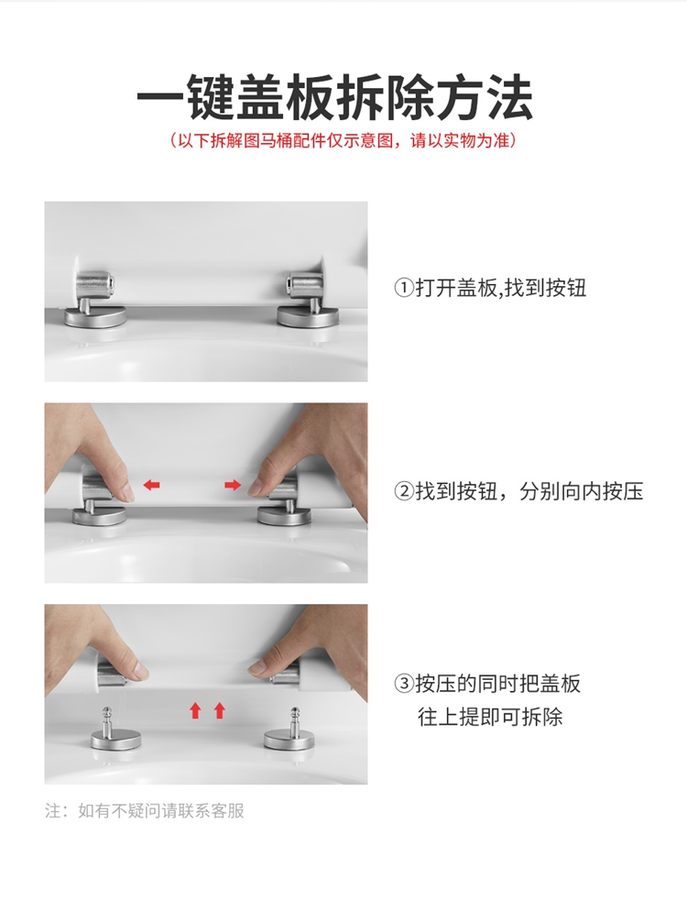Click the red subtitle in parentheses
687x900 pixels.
point(343,140)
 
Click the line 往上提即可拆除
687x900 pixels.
point(490,717)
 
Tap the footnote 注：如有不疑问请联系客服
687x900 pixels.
point(145,811)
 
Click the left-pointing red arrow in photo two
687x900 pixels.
point(151,485)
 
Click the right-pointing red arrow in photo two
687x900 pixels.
point(233,485)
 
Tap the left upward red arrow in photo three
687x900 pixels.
point(195,710)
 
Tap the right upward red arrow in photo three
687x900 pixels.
point(219,710)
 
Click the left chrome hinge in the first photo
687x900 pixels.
point(96,299)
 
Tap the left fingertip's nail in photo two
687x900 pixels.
point(127,491)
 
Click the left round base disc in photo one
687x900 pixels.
point(96,317)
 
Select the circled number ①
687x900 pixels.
point(404,288)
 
